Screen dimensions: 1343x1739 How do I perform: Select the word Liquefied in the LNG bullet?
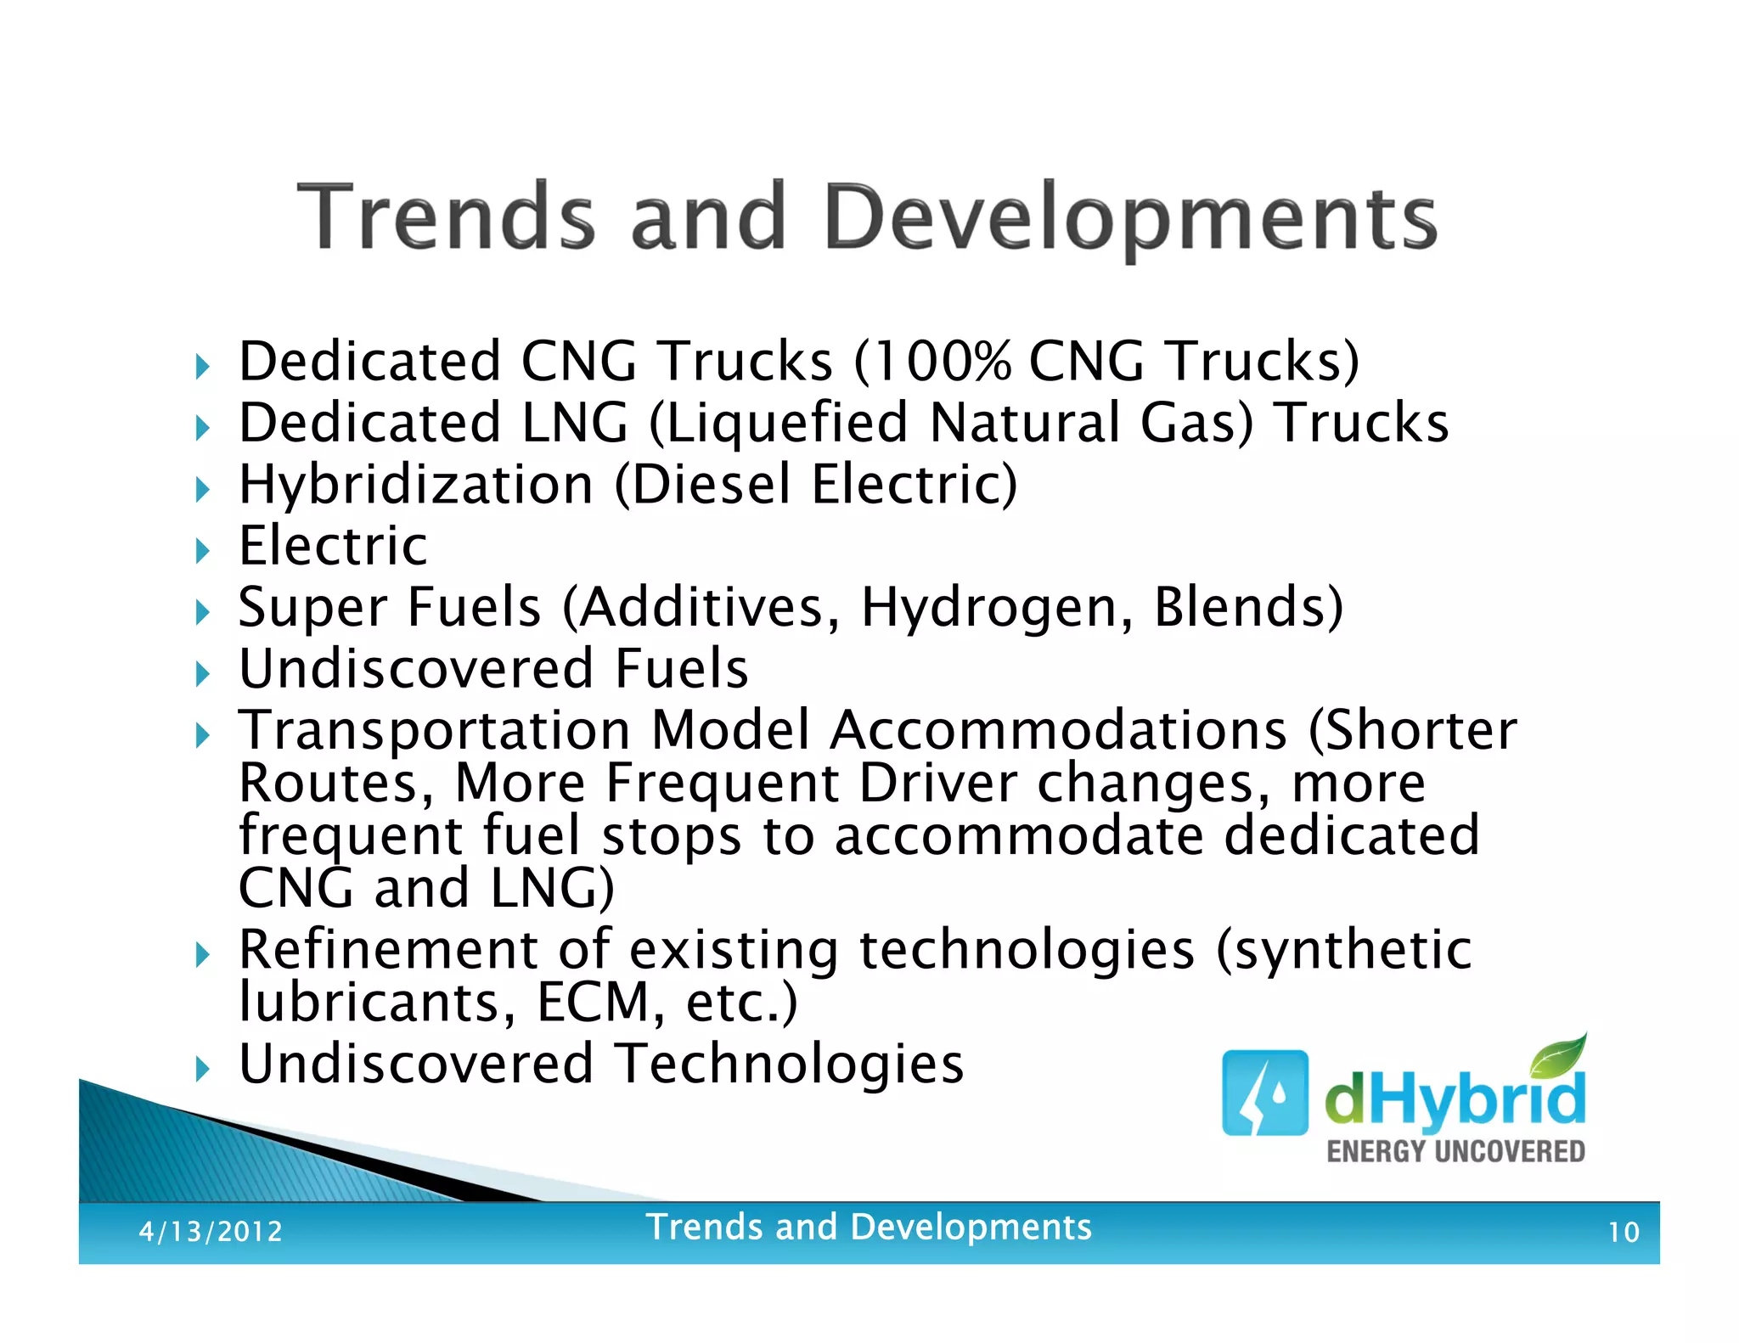coord(786,423)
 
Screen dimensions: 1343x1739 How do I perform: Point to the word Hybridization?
coord(416,485)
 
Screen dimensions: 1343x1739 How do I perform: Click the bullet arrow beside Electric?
coord(202,550)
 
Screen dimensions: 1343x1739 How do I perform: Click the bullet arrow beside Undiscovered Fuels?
coord(202,674)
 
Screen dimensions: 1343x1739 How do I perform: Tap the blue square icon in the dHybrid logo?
coord(1264,1093)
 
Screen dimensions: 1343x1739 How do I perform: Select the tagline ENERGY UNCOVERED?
coord(1455,1152)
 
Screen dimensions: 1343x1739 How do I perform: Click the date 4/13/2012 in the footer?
coord(211,1231)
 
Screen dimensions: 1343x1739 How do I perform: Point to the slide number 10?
coord(1623,1232)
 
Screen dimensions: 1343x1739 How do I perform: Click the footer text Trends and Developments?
coord(868,1228)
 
